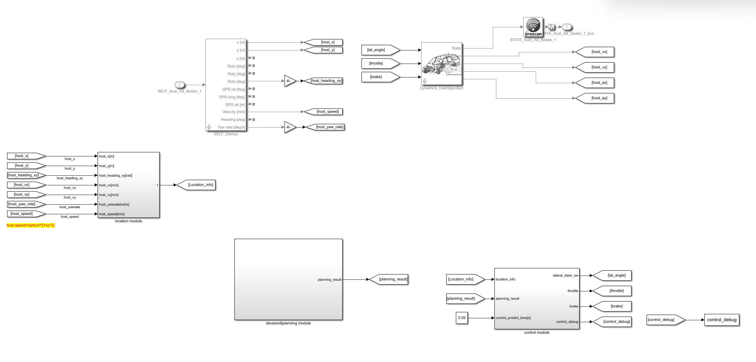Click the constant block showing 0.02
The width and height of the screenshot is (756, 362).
462,318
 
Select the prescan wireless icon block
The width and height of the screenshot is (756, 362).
533,27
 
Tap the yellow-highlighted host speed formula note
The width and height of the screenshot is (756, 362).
31,225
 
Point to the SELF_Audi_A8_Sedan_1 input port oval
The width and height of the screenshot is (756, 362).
179,85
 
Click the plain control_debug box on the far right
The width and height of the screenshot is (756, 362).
722,320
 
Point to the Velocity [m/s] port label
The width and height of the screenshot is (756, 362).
233,112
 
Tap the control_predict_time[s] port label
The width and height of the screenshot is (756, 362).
513,318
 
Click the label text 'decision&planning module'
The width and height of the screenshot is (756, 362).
288,323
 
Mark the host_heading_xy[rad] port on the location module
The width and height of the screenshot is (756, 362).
116,175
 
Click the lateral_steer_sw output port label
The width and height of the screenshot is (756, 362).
565,275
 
